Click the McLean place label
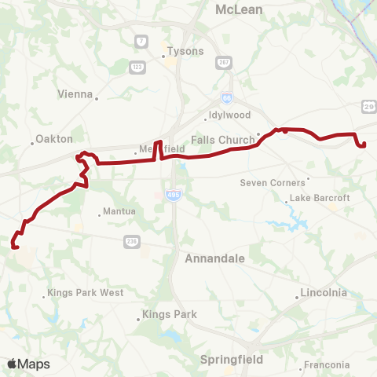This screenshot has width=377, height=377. [x=240, y=9]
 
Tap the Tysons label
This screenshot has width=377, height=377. [x=185, y=51]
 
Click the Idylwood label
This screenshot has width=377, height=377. [x=229, y=115]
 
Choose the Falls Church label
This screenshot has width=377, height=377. [x=222, y=140]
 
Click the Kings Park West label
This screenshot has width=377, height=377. [x=86, y=293]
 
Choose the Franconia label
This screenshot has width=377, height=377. [x=328, y=364]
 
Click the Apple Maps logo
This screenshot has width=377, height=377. [x=28, y=364]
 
